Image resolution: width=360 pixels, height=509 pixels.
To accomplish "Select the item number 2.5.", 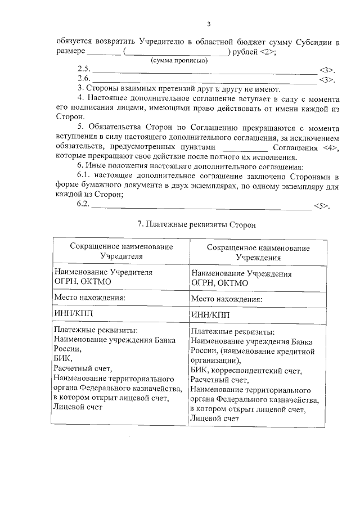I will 84,70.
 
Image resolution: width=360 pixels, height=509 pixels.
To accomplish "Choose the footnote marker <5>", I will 321,205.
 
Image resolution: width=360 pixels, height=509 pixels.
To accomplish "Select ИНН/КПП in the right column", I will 209,315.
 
